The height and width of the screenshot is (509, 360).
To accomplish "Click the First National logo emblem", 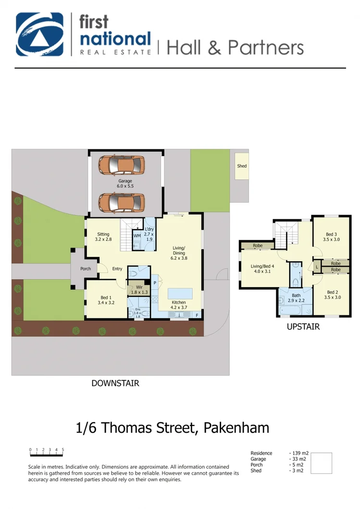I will [x=40, y=34].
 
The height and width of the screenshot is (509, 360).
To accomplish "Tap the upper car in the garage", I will [x=122, y=165].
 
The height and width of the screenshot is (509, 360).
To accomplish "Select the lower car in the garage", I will [x=122, y=202].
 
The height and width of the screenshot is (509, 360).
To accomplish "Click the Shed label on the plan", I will [x=242, y=166].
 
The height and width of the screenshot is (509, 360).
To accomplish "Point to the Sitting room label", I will [x=103, y=237].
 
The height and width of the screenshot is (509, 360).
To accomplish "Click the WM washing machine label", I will [x=137, y=236].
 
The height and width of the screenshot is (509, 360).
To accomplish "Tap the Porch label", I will [x=86, y=269].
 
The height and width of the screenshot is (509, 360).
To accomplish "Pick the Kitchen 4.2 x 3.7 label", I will [x=179, y=305].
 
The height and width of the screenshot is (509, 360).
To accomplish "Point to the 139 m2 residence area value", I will [x=299, y=453].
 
